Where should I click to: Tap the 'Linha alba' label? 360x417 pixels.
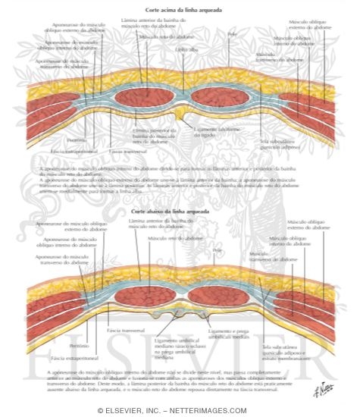tap(184, 49)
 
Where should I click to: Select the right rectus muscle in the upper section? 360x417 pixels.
tap(218, 97)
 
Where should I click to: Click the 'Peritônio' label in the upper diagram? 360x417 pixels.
tap(75, 140)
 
